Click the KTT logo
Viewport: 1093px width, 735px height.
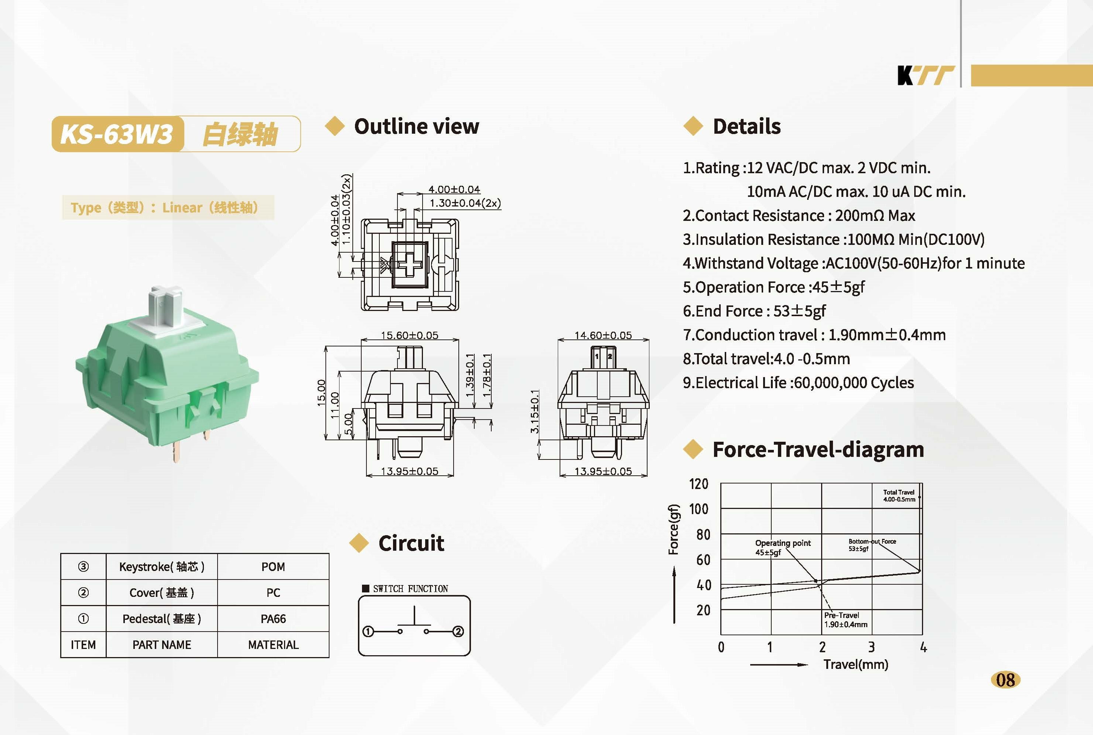[926, 75]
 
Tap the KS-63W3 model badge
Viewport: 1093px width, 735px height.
[117, 134]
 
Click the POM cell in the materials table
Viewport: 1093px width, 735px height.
[273, 567]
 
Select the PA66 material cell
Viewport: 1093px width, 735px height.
[273, 619]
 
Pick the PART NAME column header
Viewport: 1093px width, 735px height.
[162, 645]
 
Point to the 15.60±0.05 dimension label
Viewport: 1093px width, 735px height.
[410, 335]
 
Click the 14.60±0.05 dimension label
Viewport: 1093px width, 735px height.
[603, 335]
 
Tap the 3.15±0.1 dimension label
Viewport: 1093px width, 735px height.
[535, 411]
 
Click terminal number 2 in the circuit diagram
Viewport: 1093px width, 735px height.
[458, 632]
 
